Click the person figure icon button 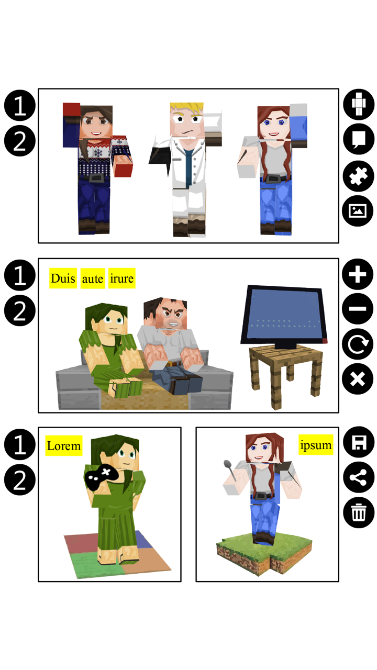[359, 105]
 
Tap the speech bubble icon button [359, 140]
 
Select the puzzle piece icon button [359, 176]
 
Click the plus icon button [358, 275]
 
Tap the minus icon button [358, 309]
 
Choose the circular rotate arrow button [358, 344]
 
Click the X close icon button [358, 378]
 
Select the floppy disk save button [359, 443]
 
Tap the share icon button [359, 477]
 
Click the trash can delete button [359, 512]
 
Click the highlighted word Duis [63, 278]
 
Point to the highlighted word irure [121, 278]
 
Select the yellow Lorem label [64, 446]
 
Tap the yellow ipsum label [316, 445]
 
